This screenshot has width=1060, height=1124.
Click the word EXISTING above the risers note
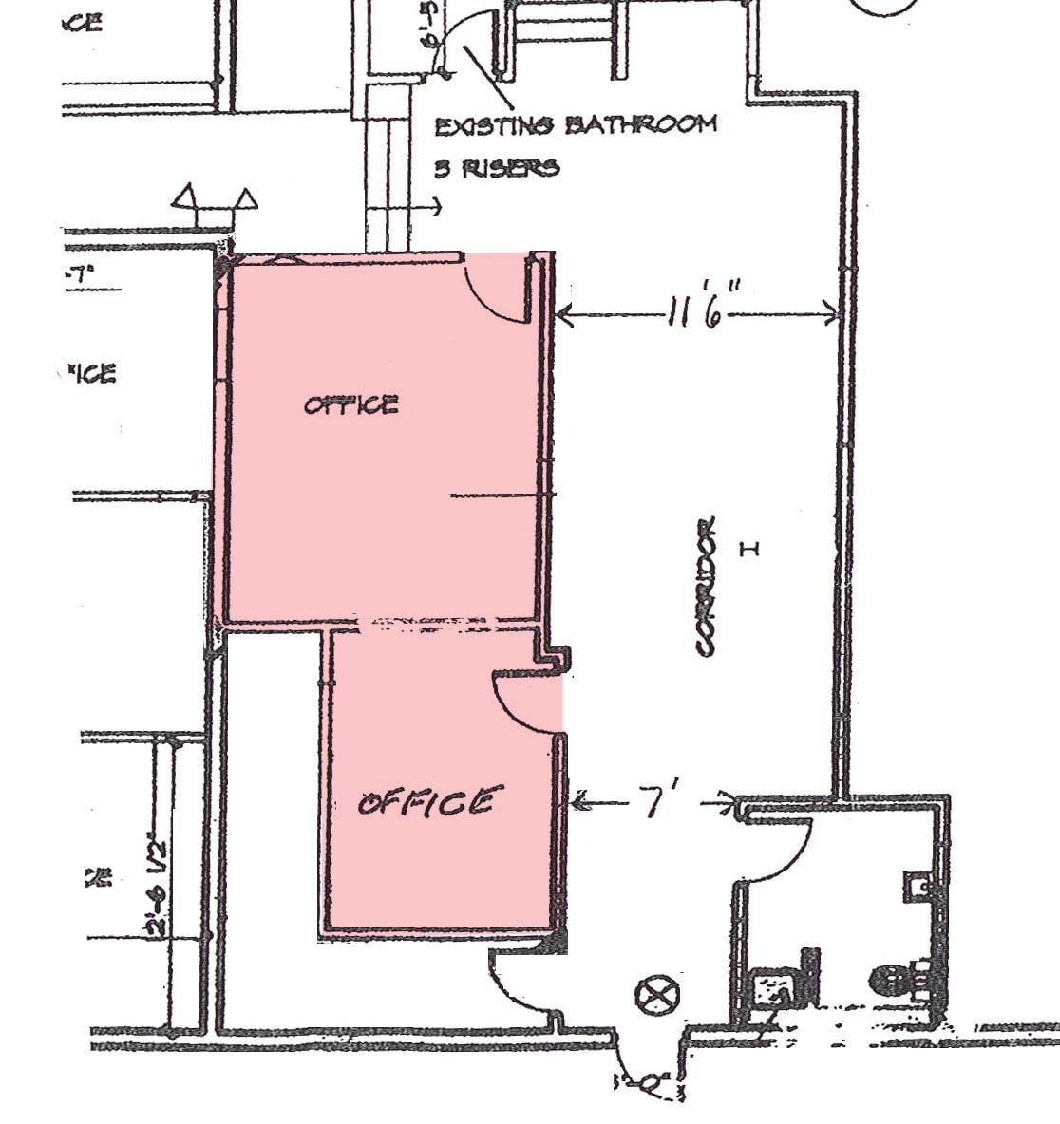click(x=491, y=125)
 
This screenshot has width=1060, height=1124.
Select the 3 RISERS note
click(x=497, y=169)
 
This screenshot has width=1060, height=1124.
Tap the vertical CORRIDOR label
click(x=705, y=586)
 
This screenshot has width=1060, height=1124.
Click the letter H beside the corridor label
click(x=748, y=548)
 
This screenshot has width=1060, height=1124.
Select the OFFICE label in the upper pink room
click(x=350, y=405)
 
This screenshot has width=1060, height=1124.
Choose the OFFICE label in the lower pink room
click(x=426, y=803)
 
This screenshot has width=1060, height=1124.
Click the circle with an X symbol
click(x=657, y=996)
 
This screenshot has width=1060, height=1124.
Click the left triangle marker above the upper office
click(x=185, y=198)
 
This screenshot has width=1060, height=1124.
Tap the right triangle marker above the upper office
click(x=246, y=199)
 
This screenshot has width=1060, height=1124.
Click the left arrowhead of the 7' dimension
click(x=577, y=802)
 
